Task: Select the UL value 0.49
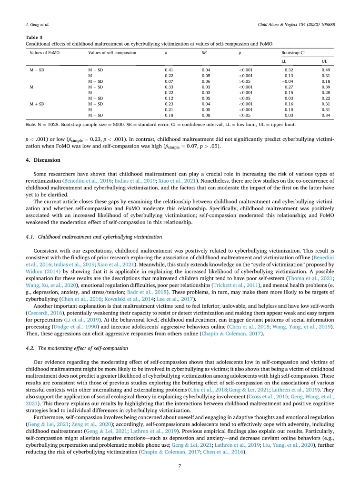tap(325, 69)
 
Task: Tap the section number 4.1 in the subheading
tap(28, 236)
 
